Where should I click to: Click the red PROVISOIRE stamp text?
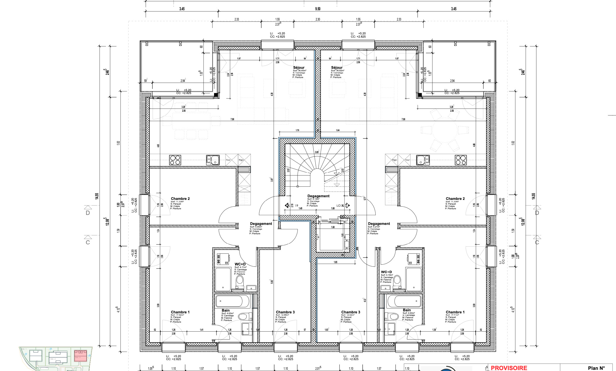point(509,368)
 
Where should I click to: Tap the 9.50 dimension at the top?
point(317,9)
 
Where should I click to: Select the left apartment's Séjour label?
point(299,68)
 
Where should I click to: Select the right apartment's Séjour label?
point(336,68)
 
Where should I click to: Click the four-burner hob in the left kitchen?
point(175,160)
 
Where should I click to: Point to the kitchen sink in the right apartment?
point(423,160)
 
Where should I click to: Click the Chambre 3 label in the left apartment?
point(285,312)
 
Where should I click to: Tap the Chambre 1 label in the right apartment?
point(455,312)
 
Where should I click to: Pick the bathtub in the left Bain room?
point(233,301)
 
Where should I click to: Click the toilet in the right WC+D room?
point(397,280)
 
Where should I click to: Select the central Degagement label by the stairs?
point(318,196)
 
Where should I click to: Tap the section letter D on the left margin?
point(88,213)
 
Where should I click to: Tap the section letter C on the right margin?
point(537,243)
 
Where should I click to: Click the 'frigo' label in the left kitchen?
point(241,160)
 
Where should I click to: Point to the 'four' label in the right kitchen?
point(407,160)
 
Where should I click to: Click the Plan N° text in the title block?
point(596,368)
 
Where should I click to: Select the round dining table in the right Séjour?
point(445,130)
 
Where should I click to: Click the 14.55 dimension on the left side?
point(97,196)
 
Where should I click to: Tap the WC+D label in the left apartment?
point(240,264)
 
